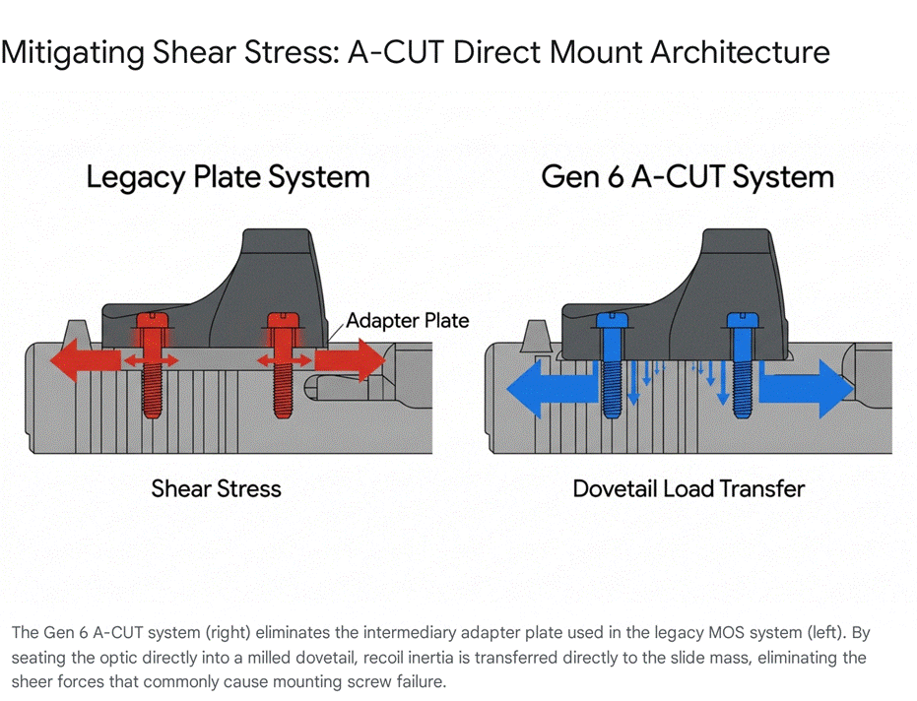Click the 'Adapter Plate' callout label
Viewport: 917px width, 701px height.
click(407, 320)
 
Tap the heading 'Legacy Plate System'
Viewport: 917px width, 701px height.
click(229, 177)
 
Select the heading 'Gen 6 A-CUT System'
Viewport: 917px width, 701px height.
click(688, 176)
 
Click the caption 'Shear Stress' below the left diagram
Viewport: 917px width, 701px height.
click(216, 488)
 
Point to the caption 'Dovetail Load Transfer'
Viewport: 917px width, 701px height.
click(688, 488)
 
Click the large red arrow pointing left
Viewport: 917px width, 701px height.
click(86, 360)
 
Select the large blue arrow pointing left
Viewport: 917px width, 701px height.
click(552, 388)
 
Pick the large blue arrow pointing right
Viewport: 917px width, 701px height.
click(806, 388)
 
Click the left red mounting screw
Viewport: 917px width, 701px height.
click(152, 365)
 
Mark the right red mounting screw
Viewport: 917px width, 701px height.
click(283, 365)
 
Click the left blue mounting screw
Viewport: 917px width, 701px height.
click(613, 365)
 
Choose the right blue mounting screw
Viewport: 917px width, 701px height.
click(743, 365)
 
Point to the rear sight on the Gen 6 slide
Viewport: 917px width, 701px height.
click(537, 336)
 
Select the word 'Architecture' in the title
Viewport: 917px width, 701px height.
click(740, 52)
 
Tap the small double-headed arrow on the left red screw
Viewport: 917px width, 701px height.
click(152, 360)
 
